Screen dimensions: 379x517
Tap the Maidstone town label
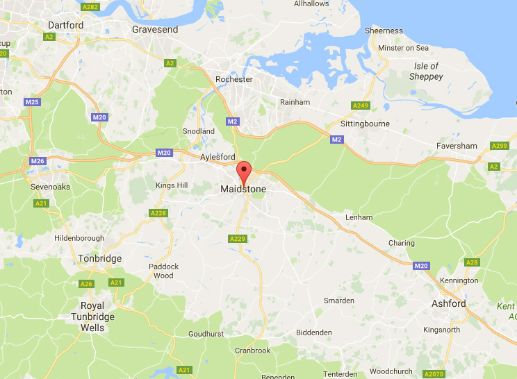point(243,189)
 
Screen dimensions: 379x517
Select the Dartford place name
point(66,25)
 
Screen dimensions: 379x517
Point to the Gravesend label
point(155,30)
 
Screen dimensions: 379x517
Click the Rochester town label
point(234,79)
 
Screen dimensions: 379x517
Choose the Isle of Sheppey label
point(427,71)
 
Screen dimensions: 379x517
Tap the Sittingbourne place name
point(365,124)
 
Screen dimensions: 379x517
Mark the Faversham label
point(457,146)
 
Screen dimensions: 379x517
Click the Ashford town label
point(448,303)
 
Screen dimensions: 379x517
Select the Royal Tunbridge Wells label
point(92,317)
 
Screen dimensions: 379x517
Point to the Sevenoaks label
point(51,187)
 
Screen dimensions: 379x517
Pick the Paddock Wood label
point(163,271)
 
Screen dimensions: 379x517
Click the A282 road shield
point(90,7)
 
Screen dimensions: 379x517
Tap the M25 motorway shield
point(32,102)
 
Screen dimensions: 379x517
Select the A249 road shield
point(359,106)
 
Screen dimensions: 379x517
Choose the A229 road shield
point(238,239)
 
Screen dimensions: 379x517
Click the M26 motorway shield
point(38,161)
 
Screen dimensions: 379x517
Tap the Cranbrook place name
point(252,351)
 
